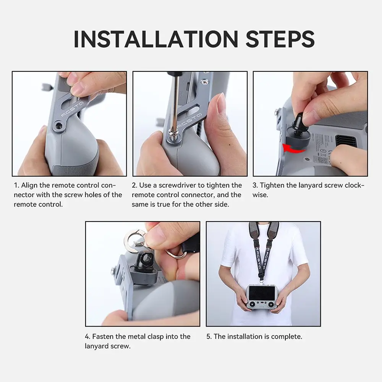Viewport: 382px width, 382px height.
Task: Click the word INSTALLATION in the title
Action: pyautogui.click(x=156, y=39)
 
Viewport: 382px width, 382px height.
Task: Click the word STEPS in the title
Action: pyautogui.click(x=280, y=39)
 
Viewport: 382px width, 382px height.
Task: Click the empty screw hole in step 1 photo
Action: pyautogui.click(x=59, y=125)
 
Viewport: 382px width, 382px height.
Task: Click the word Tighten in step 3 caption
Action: pyautogui.click(x=272, y=185)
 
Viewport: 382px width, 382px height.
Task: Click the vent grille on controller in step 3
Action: pyautogui.click(x=346, y=141)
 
